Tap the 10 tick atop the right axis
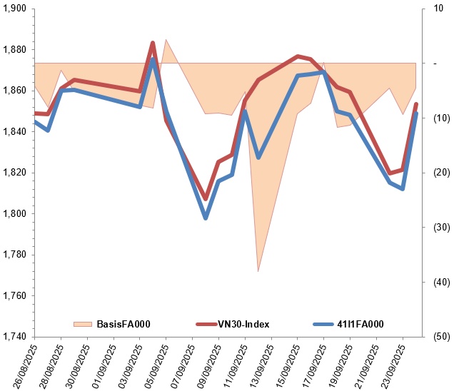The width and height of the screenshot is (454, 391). (x=436, y=9)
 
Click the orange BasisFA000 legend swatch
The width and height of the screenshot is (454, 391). (x=84, y=325)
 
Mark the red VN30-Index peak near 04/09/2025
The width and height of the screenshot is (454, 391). (x=153, y=44)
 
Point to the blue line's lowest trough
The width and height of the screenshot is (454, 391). (x=206, y=218)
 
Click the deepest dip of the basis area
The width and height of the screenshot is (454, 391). (x=258, y=271)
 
